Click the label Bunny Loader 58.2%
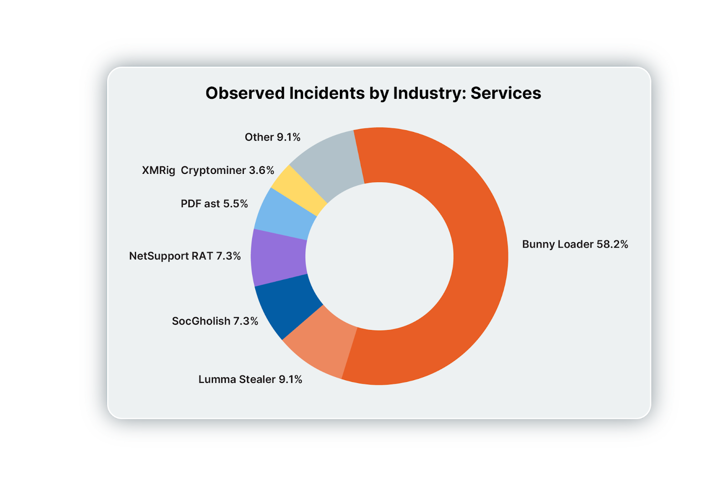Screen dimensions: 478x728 (x=575, y=244)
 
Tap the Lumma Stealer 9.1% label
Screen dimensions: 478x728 (x=250, y=379)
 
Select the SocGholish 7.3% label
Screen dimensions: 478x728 (x=215, y=321)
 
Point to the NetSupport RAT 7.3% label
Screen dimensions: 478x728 (x=185, y=256)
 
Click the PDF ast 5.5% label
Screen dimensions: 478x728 (x=214, y=203)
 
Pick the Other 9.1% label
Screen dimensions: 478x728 (x=273, y=137)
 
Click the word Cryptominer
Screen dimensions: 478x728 (x=213, y=170)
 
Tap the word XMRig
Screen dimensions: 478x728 (x=158, y=170)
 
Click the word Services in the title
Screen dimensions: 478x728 (x=506, y=93)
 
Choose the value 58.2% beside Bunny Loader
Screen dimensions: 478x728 (x=612, y=244)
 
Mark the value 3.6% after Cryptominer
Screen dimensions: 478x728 (x=261, y=170)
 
